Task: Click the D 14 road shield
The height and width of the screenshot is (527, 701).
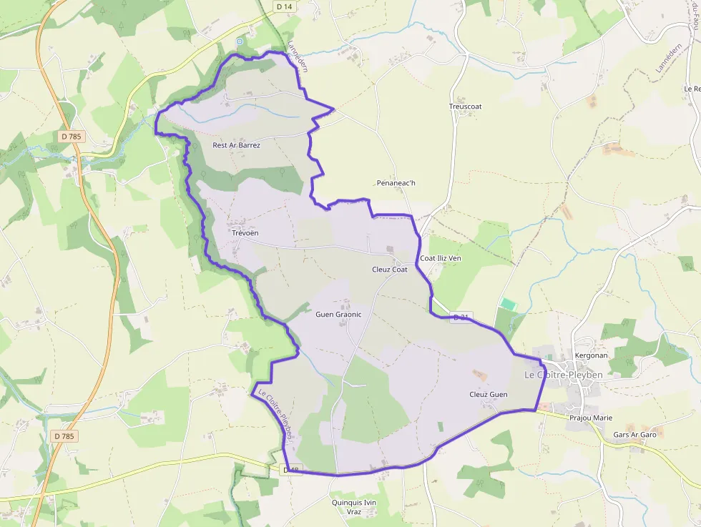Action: click(x=284, y=6)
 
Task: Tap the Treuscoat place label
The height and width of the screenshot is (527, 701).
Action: click(x=465, y=107)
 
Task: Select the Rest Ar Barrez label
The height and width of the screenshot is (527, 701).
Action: click(x=236, y=145)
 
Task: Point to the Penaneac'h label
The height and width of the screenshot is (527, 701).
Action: click(x=396, y=183)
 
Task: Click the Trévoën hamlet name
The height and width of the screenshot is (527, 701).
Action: click(x=245, y=233)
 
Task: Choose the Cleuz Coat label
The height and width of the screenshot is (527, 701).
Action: click(x=390, y=270)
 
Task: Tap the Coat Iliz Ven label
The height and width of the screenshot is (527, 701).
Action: click(x=441, y=258)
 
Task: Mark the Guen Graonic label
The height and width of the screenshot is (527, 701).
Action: click(x=338, y=314)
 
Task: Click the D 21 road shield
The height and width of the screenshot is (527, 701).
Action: click(x=462, y=317)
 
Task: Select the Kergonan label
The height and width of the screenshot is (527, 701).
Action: click(x=591, y=355)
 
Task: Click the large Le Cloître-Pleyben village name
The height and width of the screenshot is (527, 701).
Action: click(x=564, y=375)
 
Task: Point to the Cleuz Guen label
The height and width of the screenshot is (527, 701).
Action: click(x=488, y=394)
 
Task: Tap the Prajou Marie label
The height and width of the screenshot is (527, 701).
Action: click(x=591, y=418)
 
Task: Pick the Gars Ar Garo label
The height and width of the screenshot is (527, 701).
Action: click(x=634, y=435)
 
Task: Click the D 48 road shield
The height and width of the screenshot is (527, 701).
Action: click(x=292, y=470)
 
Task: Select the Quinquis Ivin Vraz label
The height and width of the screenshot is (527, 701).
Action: click(x=353, y=507)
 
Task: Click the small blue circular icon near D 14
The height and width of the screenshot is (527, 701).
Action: click(x=240, y=41)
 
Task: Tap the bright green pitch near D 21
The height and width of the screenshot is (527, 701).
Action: click(x=508, y=305)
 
